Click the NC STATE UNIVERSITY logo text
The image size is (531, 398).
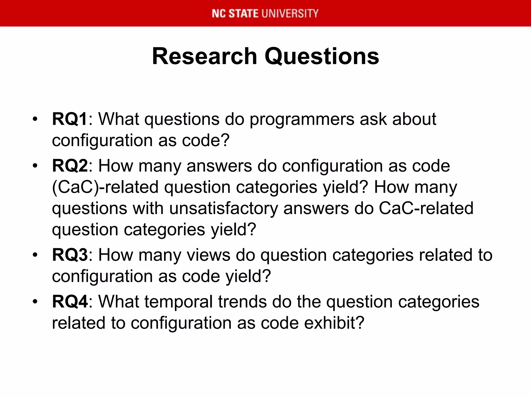(265, 13)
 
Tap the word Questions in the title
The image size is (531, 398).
(322, 56)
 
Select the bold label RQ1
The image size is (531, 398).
(69, 119)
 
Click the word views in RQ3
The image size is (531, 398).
(208, 255)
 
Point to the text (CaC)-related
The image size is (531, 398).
(105, 187)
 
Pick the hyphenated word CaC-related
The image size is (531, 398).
(426, 208)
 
